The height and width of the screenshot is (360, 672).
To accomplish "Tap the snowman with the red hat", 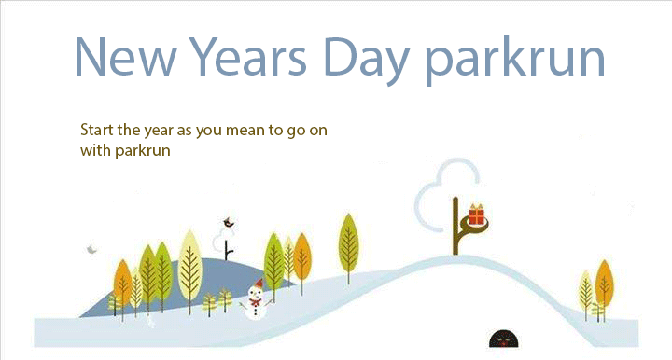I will coord(254,299).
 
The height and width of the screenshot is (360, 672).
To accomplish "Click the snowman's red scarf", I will coord(254,298).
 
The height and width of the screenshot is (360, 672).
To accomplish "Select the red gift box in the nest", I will coord(477,215).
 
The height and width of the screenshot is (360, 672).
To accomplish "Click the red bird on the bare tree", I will coord(227,223).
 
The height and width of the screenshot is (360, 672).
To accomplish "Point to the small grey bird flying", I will coord(91,250).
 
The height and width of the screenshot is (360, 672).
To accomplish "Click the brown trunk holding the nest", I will coord(455,228).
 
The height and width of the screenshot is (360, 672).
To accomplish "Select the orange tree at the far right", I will coord(603,282).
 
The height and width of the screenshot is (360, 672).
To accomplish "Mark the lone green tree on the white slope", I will coord(348,242).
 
